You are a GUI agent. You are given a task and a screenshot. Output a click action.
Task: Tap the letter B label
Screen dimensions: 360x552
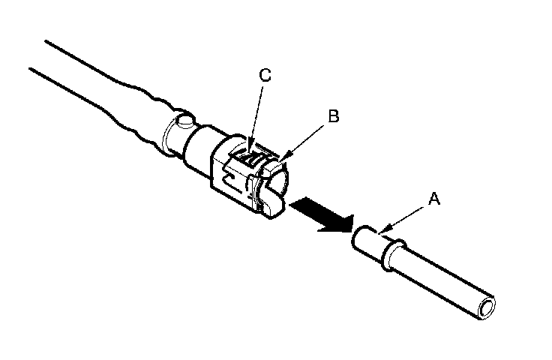pos(334,116)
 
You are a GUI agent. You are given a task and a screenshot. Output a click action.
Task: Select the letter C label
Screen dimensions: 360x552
pos(264,76)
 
